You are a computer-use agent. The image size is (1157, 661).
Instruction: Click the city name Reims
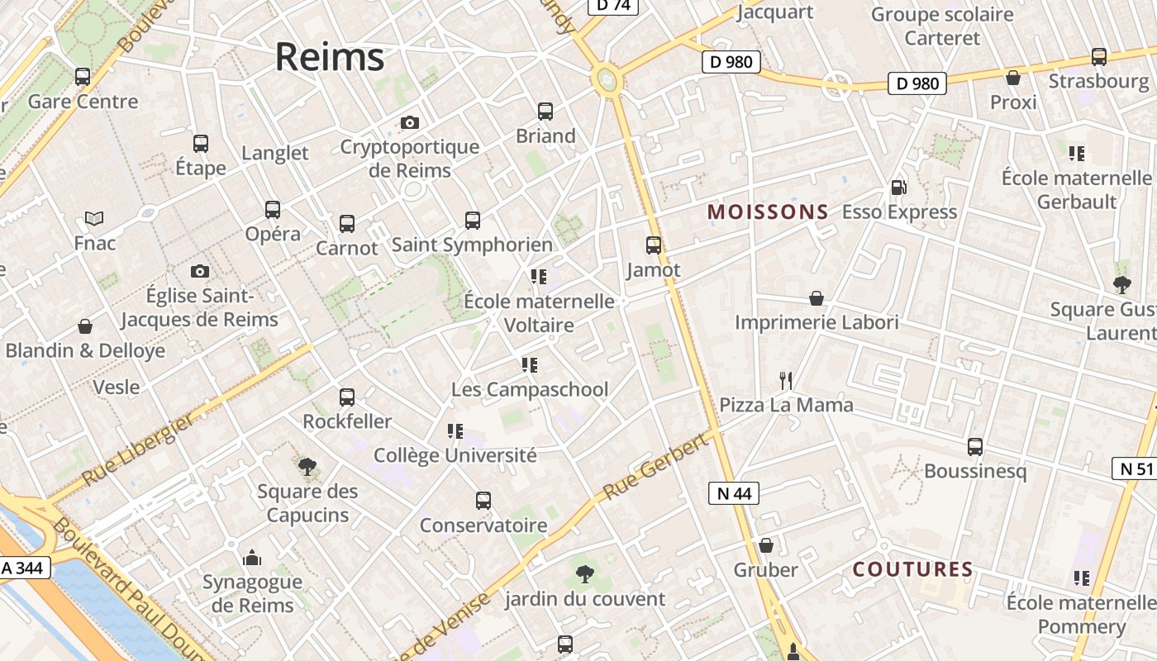(330, 57)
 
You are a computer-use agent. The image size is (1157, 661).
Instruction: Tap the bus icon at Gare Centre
(83, 77)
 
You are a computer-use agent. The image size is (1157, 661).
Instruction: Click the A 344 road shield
(26, 568)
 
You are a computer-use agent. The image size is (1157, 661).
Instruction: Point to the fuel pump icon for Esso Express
(898, 188)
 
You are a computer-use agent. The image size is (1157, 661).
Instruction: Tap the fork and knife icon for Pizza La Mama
(786, 381)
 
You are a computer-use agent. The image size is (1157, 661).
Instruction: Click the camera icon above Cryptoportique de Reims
(409, 123)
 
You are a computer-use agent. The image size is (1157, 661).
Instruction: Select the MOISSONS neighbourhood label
(768, 212)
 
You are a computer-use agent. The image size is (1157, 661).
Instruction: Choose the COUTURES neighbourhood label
(912, 569)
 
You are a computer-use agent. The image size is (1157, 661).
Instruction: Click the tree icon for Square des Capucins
(307, 467)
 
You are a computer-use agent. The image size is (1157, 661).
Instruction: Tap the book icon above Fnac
(94, 219)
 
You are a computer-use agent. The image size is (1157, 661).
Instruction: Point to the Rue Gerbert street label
(655, 467)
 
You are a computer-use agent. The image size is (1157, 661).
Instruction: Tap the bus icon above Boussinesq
(975, 447)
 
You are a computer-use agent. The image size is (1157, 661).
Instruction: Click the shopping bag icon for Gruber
(766, 545)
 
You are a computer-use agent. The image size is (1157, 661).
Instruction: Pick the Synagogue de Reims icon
(252, 559)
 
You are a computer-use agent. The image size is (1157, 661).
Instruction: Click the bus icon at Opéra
(273, 210)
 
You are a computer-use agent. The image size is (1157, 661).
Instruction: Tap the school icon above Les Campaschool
(530, 364)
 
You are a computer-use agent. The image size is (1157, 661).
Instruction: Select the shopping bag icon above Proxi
(1013, 78)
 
